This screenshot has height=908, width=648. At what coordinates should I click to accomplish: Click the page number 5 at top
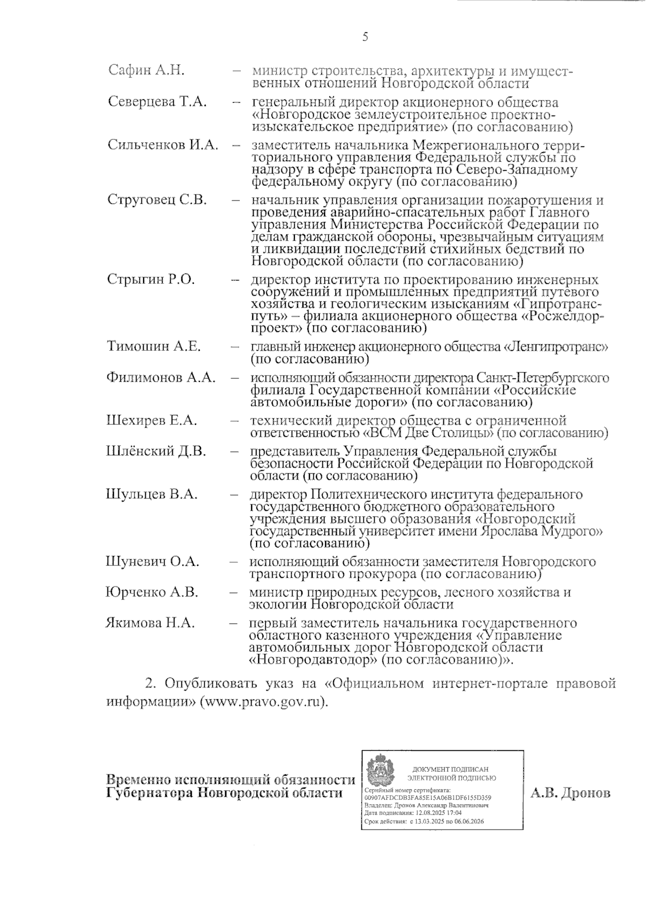[x=366, y=37]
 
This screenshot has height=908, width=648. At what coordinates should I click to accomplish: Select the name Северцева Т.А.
[x=158, y=102]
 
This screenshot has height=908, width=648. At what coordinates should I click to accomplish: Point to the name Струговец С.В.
[x=157, y=199]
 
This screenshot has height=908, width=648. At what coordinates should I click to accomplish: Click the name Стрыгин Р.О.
[x=151, y=279]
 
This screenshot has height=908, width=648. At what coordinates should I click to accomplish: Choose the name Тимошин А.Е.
[x=154, y=346]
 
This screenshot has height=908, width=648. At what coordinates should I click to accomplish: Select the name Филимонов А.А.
[x=161, y=377]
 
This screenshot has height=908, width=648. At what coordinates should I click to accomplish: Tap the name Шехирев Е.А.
[x=152, y=420]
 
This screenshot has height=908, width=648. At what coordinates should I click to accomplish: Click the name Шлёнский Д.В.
[x=156, y=451]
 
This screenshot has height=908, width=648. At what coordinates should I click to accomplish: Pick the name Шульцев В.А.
[x=152, y=494]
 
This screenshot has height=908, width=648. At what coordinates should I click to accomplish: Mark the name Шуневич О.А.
[x=153, y=562]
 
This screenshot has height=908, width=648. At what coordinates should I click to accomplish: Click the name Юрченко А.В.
[x=152, y=592]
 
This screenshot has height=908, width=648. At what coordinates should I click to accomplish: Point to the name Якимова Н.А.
[x=150, y=623]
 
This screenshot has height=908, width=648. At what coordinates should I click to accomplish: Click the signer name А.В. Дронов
[x=571, y=793]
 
